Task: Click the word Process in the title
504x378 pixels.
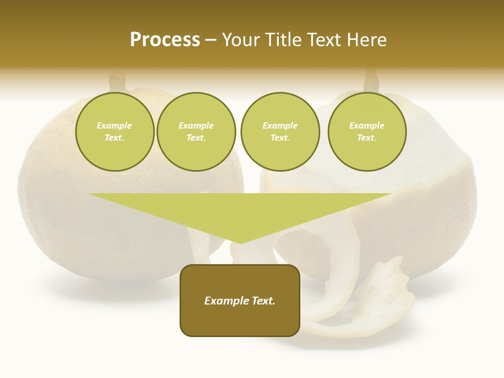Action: (165, 40)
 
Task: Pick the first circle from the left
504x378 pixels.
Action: (114, 132)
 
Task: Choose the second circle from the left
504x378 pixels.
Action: (196, 132)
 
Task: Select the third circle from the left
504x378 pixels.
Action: (280, 132)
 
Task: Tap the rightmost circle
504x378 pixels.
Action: (366, 132)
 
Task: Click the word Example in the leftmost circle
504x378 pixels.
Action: (114, 125)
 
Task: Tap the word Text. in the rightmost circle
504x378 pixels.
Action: (366, 138)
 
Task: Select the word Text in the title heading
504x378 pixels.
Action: (324, 40)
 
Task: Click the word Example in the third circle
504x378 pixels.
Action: (280, 125)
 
